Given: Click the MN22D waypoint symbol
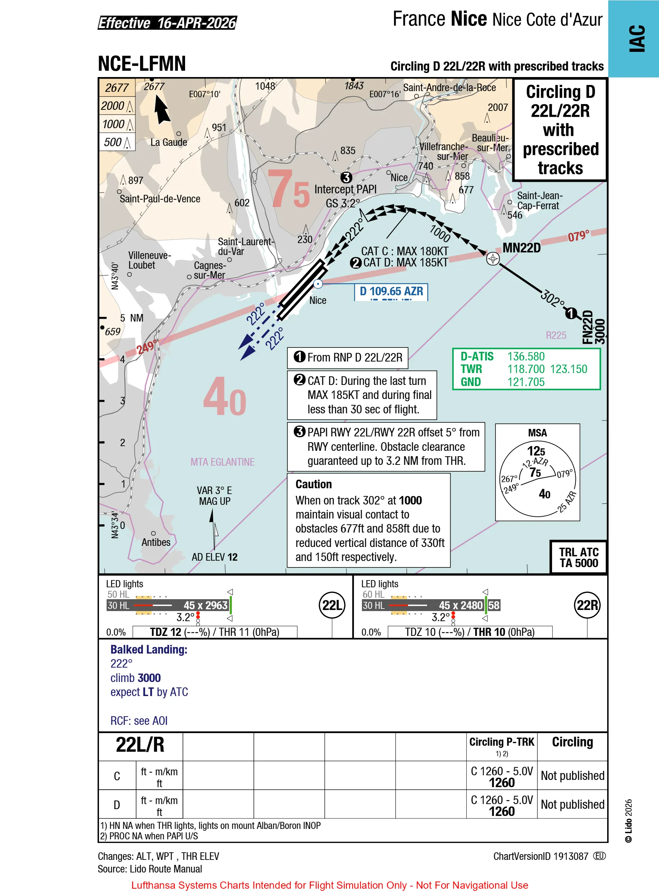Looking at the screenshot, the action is tap(493, 259).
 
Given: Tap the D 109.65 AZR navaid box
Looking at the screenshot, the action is tap(391, 292).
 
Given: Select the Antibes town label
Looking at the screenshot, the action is tap(156, 542).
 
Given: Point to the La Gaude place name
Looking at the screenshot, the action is tap(169, 142).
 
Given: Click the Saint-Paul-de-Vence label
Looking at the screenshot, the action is tap(160, 199).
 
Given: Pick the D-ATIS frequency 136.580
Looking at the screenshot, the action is tap(526, 356).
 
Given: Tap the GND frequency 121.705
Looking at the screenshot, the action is tap(526, 382).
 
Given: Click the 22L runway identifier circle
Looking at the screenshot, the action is tap(332, 605).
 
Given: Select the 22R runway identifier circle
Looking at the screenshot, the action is tap(587, 605).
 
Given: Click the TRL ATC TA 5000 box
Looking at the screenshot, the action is tap(578, 557).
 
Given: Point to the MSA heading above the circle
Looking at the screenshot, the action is tap(537, 433).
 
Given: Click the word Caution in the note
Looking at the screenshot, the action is tap(314, 484).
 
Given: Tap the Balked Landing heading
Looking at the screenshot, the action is tap(149, 649).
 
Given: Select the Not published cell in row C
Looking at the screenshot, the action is tap(573, 775).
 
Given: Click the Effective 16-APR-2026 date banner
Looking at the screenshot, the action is tap(167, 23).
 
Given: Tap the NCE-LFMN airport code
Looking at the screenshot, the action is tap(142, 63).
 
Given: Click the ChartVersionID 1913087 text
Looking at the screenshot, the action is tap(541, 856).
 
